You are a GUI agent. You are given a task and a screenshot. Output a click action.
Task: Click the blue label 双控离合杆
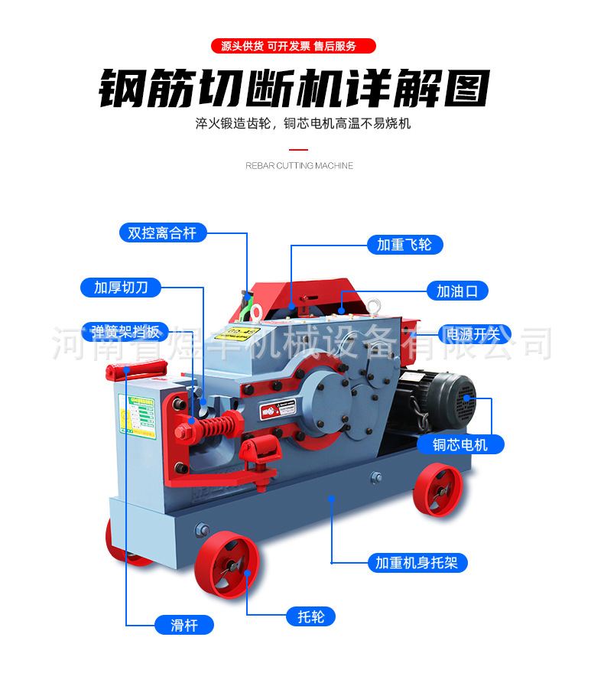(163, 232)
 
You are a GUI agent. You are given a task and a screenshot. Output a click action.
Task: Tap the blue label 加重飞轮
(404, 244)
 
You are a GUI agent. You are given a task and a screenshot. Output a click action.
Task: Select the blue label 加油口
(456, 291)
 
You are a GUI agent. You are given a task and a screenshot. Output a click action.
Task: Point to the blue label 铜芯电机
(459, 444)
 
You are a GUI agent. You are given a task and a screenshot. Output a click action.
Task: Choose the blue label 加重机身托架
(416, 563)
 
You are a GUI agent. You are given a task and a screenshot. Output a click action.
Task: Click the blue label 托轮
(310, 616)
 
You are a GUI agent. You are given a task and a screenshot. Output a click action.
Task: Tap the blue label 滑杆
(183, 625)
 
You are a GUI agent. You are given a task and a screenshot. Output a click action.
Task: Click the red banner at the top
(294, 46)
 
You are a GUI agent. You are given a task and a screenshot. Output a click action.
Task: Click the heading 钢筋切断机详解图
(294, 89)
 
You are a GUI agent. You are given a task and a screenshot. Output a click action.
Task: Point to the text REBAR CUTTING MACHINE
(299, 165)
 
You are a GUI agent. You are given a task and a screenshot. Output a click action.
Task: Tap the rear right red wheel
(438, 490)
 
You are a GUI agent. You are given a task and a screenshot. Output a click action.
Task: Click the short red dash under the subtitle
(299, 149)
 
